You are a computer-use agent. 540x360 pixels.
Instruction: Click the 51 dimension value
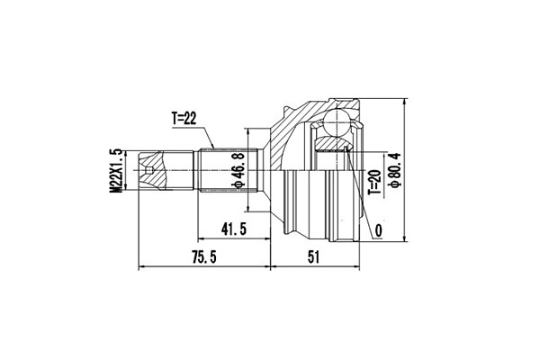[313, 256]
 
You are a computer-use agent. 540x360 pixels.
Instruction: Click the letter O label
[377, 231]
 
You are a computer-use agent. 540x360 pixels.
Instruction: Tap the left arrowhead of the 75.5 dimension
[142, 266]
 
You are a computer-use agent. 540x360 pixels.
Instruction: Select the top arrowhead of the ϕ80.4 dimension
[406, 103]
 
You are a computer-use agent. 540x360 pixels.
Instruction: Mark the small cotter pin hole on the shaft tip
[148, 168]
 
